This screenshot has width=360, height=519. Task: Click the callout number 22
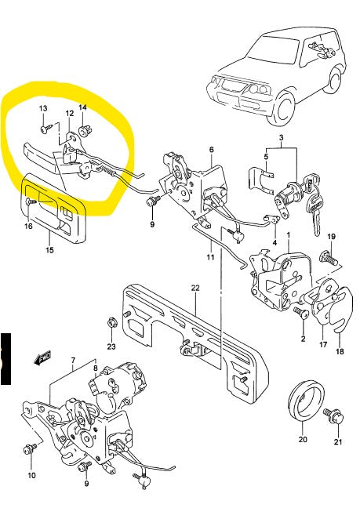[195, 288]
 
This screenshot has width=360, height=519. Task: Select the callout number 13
[43, 107]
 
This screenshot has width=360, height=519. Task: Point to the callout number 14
[83, 107]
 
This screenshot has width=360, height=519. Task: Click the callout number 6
[211, 149]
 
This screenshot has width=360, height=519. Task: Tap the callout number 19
[331, 237]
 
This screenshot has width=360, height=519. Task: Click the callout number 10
[31, 476]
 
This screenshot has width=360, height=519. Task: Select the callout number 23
[111, 346]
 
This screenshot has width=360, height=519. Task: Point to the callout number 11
[210, 257]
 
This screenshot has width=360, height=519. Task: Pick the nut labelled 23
[111, 321]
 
